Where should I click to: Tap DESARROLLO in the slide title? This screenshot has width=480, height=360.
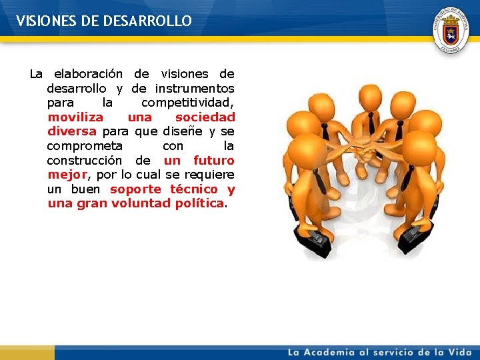click(147, 21)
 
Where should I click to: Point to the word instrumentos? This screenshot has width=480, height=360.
click(195, 89)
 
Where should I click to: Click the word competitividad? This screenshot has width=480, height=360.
click(187, 103)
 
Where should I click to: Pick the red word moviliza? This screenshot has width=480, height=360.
click(75, 117)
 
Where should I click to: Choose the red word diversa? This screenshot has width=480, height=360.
click(72, 131)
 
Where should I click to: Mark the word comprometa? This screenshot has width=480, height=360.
click(85, 146)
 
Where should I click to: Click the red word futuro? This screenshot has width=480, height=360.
click(213, 161)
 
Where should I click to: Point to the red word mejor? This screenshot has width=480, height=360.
click(67, 175)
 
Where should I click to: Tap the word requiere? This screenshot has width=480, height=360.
click(209, 175)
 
